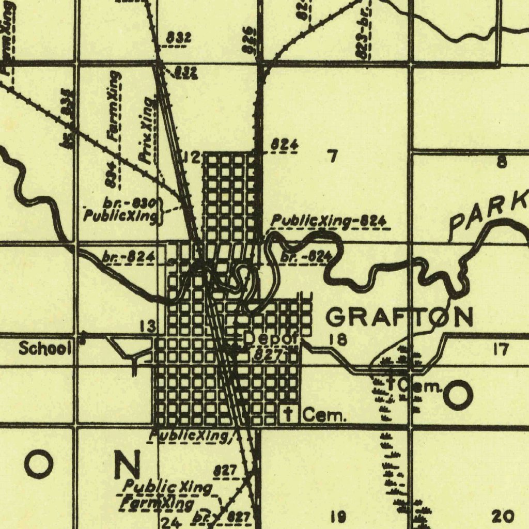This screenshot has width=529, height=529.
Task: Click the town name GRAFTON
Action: click(x=400, y=317)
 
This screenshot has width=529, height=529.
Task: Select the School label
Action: click(x=45, y=349)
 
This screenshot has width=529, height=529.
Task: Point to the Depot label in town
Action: click(x=271, y=339)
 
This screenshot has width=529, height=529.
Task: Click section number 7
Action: click(x=333, y=155)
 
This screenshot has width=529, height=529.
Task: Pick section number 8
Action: click(x=501, y=162)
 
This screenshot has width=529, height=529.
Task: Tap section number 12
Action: click(x=192, y=157)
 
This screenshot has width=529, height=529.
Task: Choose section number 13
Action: click(x=148, y=326)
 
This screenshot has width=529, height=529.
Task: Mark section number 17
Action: click(x=500, y=349)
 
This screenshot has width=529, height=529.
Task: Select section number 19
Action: click(x=338, y=516)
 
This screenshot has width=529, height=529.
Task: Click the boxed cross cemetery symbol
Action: click(x=289, y=413)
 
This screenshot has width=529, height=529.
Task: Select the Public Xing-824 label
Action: click(x=329, y=222)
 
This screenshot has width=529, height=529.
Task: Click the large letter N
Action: click(x=127, y=464)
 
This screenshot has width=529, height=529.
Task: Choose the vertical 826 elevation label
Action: click(x=248, y=39)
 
